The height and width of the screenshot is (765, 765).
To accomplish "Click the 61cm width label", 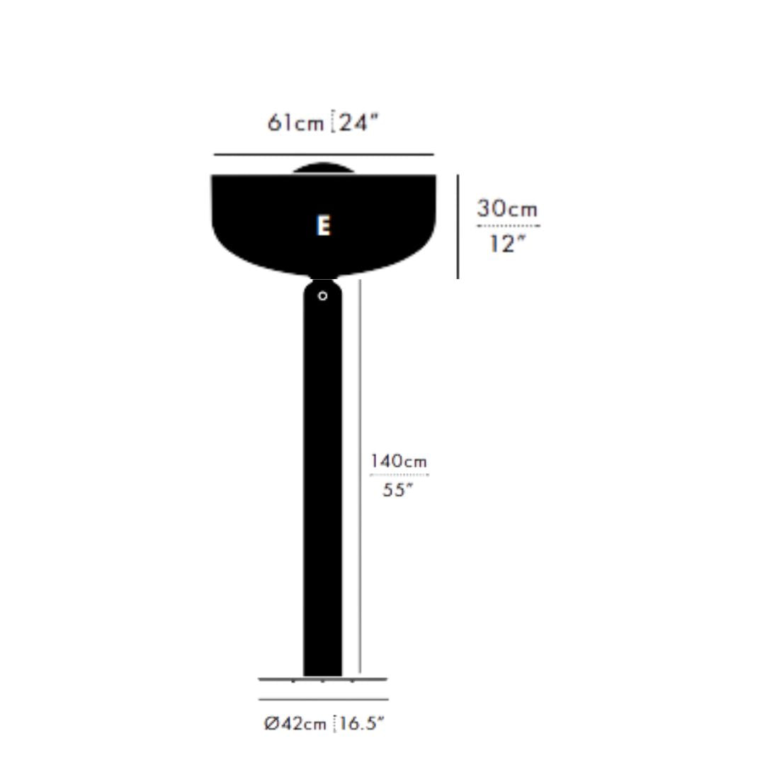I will (295, 123).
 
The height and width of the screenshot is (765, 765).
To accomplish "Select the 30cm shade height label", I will (507, 209).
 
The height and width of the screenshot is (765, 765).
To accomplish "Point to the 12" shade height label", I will (507, 244).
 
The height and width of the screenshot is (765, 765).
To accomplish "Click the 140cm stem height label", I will (399, 462).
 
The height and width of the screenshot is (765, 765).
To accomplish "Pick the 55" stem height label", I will (397, 489).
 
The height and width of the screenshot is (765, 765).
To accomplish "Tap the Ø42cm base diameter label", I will (295, 724).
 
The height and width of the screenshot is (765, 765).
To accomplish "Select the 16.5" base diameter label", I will (362, 724).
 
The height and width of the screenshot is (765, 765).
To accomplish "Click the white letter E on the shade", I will (324, 226).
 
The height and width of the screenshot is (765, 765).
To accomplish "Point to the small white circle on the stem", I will (323, 296).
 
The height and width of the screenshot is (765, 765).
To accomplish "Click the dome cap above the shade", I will (323, 169).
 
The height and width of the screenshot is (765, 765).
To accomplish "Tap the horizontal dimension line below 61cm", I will (324, 154).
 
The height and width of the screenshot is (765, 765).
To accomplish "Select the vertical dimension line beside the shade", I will (458, 227).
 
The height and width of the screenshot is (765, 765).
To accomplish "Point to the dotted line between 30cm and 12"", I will (508, 226).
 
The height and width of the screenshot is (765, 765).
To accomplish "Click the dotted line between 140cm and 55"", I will (399, 475).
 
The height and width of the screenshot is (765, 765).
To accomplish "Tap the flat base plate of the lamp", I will (323, 679).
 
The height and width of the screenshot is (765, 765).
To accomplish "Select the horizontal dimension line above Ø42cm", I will (324, 700).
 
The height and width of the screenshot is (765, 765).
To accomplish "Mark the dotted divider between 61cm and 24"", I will (333, 123).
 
